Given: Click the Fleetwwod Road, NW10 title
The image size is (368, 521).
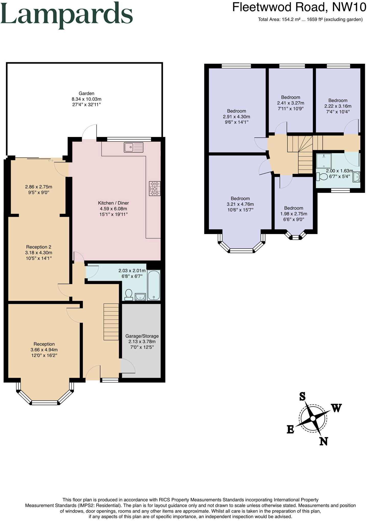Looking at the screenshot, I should (299, 7).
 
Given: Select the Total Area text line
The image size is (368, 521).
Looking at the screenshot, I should (310, 19).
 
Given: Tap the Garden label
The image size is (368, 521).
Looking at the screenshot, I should (86, 93).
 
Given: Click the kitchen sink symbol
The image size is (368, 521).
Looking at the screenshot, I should (133, 147).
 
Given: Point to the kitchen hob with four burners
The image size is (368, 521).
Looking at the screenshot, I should (155, 189).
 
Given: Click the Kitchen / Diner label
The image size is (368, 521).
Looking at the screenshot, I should (113, 203).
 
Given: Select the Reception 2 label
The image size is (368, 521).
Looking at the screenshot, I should (39, 247).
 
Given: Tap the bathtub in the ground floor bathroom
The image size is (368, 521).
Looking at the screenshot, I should (154, 285).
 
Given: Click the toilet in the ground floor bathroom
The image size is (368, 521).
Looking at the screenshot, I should (128, 295).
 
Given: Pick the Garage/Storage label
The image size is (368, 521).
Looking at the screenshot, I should (142, 336).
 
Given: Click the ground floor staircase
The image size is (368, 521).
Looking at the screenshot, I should (111, 322).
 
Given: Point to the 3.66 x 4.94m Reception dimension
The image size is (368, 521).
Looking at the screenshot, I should (44, 350).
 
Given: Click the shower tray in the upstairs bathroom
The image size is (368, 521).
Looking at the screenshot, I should (324, 160).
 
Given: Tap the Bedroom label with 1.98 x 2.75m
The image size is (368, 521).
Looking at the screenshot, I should (294, 208).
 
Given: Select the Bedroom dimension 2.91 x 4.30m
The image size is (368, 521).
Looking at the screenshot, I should (236, 116).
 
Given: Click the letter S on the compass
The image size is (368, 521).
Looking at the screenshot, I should (302, 396).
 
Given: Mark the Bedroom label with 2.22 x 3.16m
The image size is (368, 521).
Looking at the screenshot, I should (338, 100).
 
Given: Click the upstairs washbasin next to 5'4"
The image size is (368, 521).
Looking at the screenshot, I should (356, 177).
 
